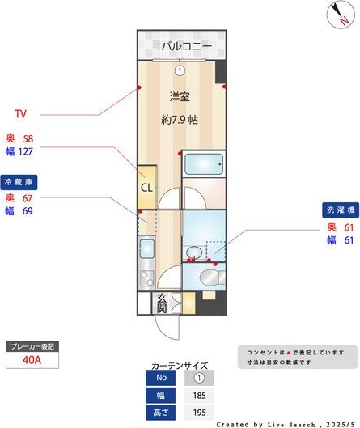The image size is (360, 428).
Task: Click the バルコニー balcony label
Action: [x=186, y=46]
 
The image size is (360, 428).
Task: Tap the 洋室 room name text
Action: [x=180, y=97]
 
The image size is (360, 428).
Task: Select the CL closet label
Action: [x=146, y=188]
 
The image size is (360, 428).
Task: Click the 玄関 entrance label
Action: [x=162, y=303]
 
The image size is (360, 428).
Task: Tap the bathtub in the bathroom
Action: [x=202, y=166]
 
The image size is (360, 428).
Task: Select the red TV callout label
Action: [x=22, y=113]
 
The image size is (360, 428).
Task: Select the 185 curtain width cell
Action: [x=199, y=396]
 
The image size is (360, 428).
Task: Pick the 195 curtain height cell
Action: [x=199, y=413]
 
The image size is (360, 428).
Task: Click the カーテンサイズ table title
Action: [x=179, y=366]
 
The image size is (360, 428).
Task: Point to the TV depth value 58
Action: [x=28, y=138]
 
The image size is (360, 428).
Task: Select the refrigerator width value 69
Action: [x=27, y=210]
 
